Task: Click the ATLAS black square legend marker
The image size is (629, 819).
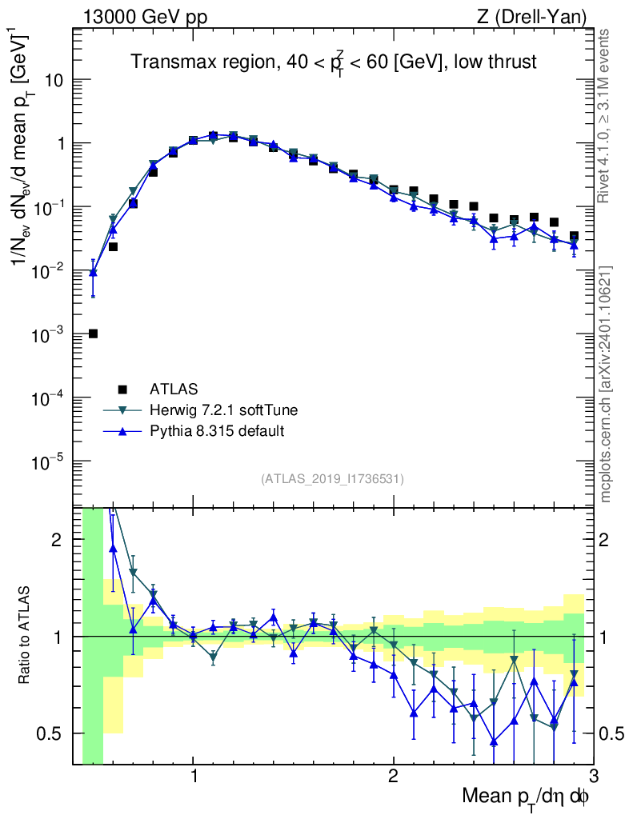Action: click(x=122, y=390)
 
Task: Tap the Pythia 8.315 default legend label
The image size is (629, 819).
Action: click(x=217, y=431)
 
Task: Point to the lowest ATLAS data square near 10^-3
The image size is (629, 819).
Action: click(x=93, y=334)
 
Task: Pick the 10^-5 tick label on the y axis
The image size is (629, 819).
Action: click(x=49, y=462)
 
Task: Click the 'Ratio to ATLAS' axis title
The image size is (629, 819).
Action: click(x=26, y=636)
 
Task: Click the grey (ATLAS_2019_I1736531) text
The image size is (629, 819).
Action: click(x=332, y=479)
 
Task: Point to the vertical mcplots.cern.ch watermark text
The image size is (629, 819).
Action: click(x=607, y=384)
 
